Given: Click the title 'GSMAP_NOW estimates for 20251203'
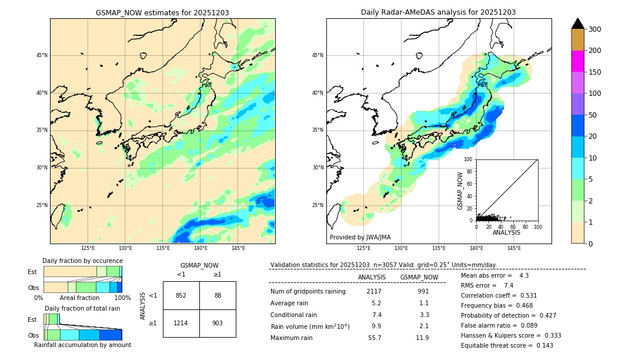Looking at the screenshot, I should (x=162, y=12).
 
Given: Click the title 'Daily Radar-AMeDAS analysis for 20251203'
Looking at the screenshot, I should (x=439, y=12).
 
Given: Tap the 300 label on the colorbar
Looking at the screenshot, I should (x=594, y=29).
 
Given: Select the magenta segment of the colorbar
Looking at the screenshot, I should (x=578, y=61).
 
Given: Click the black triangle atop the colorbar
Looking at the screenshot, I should (x=578, y=24).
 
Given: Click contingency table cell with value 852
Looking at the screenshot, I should (x=181, y=295).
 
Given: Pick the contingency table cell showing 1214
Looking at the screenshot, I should (x=181, y=324).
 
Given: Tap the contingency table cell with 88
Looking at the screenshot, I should (x=218, y=295).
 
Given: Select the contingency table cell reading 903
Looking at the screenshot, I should (x=218, y=324).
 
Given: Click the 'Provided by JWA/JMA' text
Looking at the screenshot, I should (x=360, y=238).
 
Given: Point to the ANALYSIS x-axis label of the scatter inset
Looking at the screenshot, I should (x=506, y=233).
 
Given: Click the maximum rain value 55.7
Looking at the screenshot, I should (x=375, y=338).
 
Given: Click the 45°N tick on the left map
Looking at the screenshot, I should (x=42, y=55).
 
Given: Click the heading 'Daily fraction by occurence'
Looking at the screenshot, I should (x=82, y=261).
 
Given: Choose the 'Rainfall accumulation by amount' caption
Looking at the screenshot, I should (x=82, y=345).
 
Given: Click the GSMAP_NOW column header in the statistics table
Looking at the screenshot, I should (x=419, y=277).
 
